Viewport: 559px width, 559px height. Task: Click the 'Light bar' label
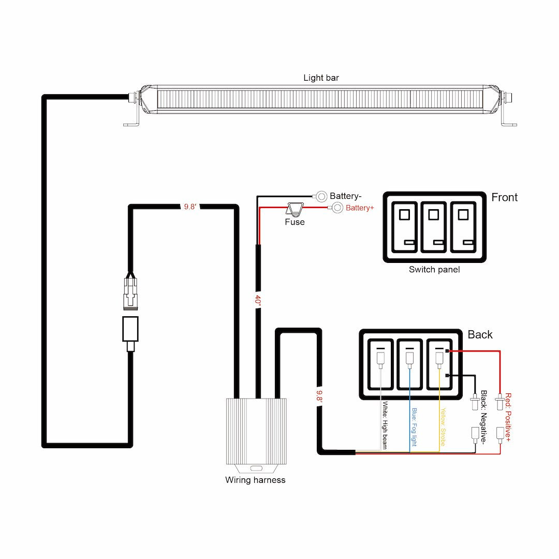click(321, 78)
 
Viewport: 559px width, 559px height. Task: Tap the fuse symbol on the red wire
click(296, 209)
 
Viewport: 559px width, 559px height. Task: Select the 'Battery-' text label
click(345, 196)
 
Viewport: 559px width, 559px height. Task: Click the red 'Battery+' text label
click(360, 208)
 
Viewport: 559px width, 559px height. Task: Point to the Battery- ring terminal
click(321, 196)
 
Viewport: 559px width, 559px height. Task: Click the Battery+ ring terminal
click(337, 208)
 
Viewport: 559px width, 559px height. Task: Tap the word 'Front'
click(504, 197)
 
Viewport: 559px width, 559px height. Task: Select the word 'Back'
click(480, 334)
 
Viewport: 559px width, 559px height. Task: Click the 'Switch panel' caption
click(434, 270)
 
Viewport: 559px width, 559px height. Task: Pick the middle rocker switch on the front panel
click(434, 227)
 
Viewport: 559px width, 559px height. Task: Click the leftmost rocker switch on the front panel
click(404, 227)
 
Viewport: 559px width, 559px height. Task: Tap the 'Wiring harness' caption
click(255, 480)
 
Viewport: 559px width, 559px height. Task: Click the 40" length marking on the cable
click(258, 300)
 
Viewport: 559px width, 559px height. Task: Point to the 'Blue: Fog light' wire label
click(414, 428)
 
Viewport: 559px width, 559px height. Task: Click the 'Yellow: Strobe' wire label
click(443, 428)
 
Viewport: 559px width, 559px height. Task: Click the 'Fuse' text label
click(295, 222)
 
